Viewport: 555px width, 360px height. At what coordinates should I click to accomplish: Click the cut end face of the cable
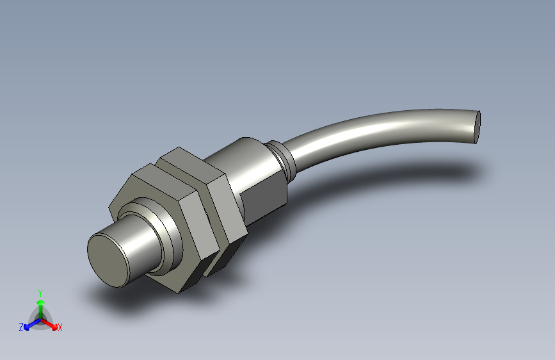point(478,126)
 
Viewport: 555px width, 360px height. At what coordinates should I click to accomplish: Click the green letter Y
point(40,291)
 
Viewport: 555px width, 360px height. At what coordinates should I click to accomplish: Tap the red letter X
point(60,327)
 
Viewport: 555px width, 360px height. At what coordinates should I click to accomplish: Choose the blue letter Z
point(21,327)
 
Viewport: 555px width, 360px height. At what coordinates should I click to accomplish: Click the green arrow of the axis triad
point(40,302)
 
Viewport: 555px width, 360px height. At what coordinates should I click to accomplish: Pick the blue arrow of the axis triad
point(29,325)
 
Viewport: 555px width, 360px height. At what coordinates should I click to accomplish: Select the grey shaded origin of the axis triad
point(40,318)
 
